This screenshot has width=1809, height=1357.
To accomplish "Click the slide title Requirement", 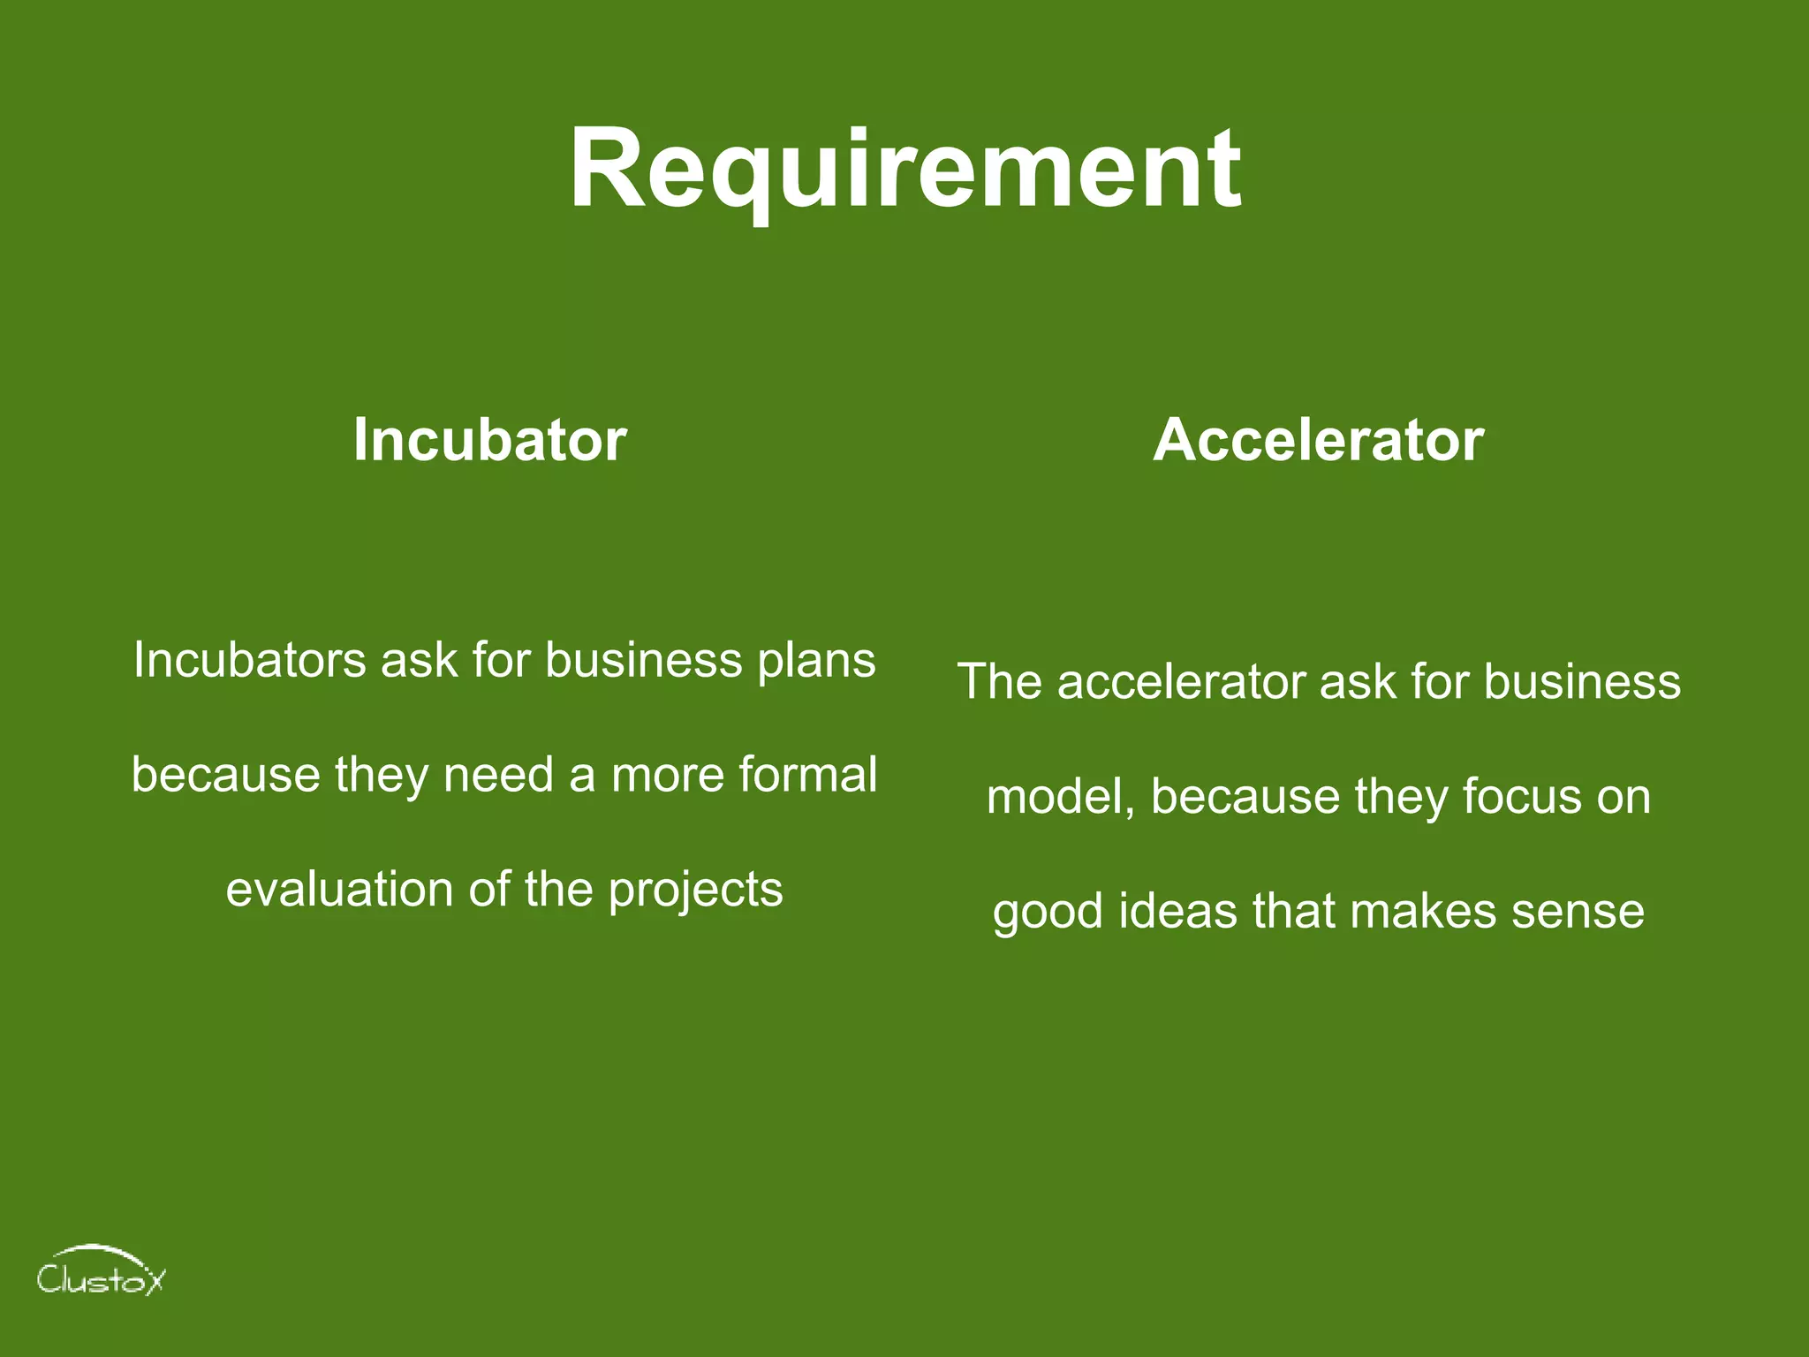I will point(904,170).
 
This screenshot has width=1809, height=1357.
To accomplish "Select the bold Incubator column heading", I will point(489,439).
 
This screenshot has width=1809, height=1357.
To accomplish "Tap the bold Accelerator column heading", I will point(1318,439).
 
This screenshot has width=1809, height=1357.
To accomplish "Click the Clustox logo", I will point(101,1272).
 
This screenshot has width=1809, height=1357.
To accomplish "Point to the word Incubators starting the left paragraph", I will point(249,660).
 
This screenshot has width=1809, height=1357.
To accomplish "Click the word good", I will point(1048,913).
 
